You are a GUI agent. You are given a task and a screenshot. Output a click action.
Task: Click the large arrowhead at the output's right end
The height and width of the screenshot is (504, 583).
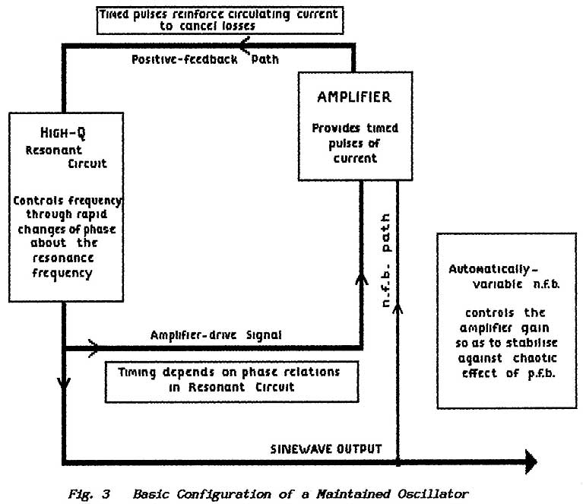pos(528,461)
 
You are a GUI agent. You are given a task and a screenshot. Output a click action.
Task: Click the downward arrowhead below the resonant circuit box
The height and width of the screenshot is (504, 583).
pos(64,384)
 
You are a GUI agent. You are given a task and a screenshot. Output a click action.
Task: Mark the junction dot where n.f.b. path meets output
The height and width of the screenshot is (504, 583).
pos(398,461)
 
